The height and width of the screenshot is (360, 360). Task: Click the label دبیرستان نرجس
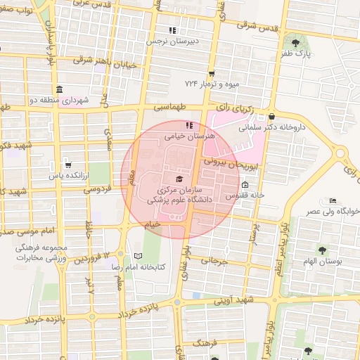pos(172,41)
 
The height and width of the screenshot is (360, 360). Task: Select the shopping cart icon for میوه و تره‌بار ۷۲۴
pos(212,73)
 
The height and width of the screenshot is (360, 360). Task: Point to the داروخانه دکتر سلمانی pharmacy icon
pos(271,117)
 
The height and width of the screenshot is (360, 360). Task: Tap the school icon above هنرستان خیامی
pos(178,125)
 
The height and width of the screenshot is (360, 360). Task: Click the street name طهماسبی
pos(172,108)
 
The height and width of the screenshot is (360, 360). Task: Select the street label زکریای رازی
pos(237,107)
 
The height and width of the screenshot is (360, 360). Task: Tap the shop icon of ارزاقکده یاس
pos(67,165)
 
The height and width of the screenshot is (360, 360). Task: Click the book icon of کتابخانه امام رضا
pos(138,256)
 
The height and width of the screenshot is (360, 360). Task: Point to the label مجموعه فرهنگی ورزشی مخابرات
pos(46,253)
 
